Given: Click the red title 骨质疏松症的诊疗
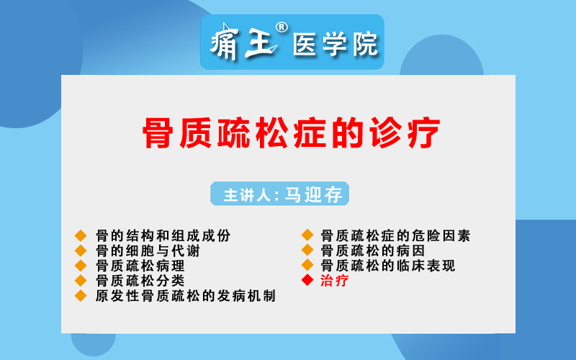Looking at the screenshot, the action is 292,132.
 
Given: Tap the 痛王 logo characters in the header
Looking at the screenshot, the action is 243,41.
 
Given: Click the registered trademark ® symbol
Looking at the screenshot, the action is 282,27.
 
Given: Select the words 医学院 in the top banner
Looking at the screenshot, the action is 335,44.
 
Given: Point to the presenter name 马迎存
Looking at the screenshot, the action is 314,194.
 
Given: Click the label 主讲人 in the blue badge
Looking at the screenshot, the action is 247,194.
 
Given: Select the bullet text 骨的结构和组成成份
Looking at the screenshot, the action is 163,236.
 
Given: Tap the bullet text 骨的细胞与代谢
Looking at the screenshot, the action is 148,251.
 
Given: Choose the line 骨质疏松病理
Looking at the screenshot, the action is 140,266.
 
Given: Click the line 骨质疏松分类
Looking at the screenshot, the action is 140,281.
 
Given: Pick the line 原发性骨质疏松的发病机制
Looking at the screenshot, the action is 186,296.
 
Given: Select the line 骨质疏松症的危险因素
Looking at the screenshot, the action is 395,236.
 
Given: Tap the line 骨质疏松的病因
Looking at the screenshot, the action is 373,251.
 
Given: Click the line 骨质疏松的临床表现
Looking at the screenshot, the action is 388,266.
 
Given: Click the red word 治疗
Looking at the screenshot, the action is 334,281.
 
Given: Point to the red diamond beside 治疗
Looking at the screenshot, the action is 307,280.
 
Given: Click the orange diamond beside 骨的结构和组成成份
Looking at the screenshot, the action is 81,236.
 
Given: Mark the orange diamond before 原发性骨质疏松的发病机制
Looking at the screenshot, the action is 81,296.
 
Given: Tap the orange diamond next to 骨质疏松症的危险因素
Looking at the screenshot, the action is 307,235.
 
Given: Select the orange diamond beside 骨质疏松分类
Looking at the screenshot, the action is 81,281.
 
